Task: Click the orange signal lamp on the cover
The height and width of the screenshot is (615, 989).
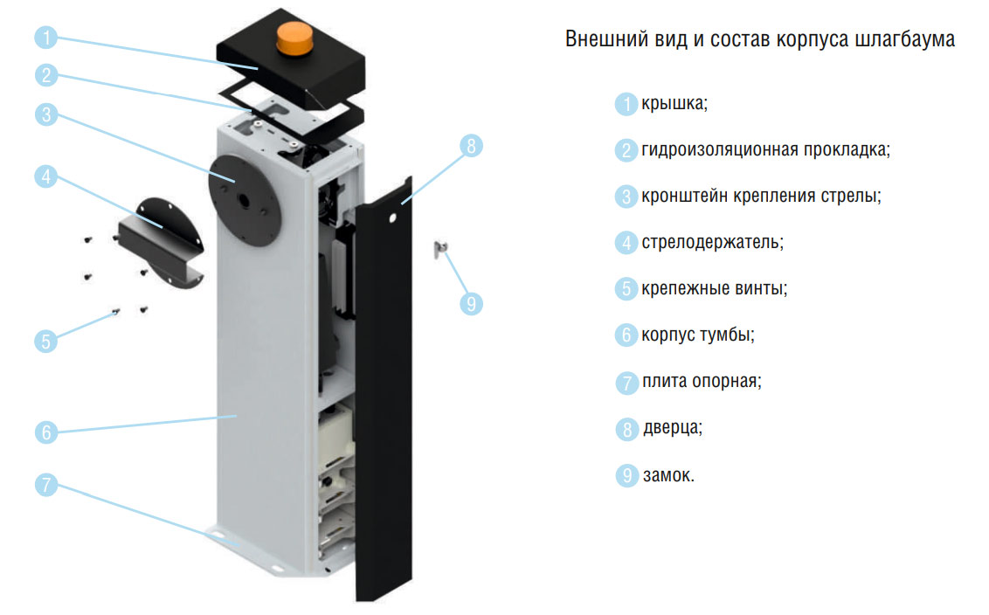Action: coord(294,38)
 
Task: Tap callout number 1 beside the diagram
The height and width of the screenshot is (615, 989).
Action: coord(46,38)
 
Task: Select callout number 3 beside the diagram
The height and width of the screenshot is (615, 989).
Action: coord(46,114)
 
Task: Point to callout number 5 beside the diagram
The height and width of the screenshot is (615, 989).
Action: coord(46,342)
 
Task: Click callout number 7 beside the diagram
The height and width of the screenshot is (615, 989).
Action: coord(46,485)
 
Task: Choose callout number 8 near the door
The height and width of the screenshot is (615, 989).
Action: coord(471,147)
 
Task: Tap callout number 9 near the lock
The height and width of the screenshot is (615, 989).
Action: coord(471,304)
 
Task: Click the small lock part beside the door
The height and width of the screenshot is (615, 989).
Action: coord(440,249)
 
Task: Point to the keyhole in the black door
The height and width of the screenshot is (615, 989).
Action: coord(392,219)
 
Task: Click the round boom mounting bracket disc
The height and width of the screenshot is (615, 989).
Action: coord(243,200)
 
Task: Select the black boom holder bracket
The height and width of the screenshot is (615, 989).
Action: coord(163,243)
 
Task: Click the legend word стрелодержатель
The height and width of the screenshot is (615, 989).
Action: coord(712,243)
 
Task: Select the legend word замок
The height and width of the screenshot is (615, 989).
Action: coord(668,475)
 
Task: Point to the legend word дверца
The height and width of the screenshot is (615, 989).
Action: coord(673,428)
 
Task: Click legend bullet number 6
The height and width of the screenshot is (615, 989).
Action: coord(626,335)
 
